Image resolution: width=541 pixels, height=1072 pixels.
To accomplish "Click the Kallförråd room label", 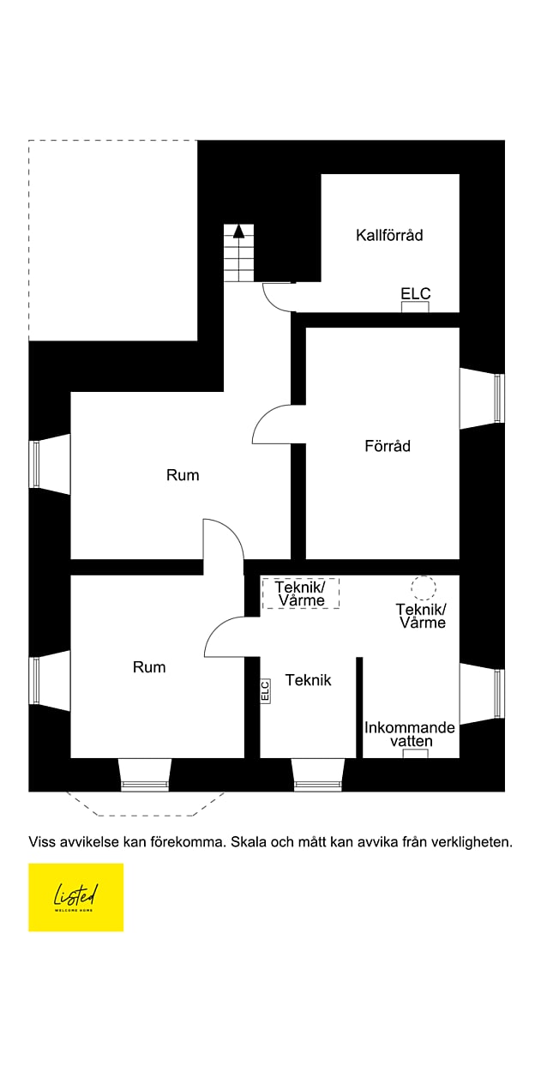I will tap(389, 235).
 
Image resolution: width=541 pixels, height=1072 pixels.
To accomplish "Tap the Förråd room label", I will tap(388, 446).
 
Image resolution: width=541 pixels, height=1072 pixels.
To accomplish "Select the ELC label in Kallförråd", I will tap(416, 294).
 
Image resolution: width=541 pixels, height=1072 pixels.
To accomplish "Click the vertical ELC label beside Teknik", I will tap(265, 690).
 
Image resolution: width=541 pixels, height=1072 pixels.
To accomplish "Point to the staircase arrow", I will tap(239, 230).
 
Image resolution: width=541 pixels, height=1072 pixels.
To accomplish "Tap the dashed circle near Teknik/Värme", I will tap(423, 587).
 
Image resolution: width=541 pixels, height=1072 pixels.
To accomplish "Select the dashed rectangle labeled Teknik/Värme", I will tap(301, 593).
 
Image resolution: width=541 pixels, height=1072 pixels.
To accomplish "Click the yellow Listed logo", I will tap(75, 897).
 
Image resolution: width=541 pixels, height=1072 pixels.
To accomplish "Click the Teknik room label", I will tap(308, 680).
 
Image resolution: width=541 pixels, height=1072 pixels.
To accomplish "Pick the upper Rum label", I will tap(183, 475).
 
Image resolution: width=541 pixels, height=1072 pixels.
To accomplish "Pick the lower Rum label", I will tap(149, 667).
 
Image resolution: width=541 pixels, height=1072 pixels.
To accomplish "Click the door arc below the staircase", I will tap(277, 298).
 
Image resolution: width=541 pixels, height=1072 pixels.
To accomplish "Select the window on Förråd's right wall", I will tap(498, 399).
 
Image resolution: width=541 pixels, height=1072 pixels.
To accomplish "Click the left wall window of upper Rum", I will tap(35, 464).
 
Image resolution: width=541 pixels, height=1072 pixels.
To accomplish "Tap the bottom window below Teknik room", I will tap(318, 783).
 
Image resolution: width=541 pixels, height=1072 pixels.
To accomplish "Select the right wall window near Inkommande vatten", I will tap(498, 694).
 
